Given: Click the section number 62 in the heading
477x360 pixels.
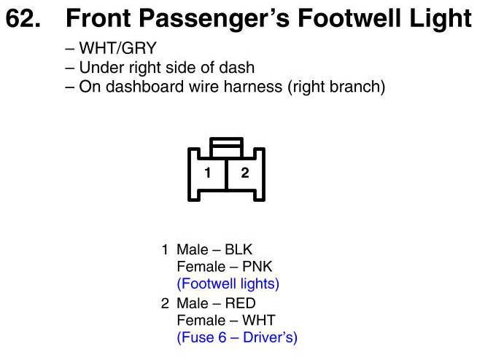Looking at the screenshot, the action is [23, 18].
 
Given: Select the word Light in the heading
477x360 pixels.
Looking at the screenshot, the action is [441, 20].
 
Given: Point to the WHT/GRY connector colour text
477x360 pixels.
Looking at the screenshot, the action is [117, 48].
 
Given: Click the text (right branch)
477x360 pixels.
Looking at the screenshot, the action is [336, 87].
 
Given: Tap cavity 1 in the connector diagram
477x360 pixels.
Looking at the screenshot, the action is [208, 173].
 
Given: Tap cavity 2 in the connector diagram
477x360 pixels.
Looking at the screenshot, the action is [245, 173].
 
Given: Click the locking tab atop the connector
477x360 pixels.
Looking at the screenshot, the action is [227, 148].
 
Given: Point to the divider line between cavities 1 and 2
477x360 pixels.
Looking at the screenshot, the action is [227, 174].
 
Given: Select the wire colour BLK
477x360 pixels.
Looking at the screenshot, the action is [238, 250].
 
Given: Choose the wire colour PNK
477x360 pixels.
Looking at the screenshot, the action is [257, 267].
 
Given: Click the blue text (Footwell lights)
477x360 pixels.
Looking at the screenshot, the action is [228, 284].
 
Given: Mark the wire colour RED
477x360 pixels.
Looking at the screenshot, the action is [241, 303].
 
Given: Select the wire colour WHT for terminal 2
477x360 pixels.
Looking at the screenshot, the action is [259, 320].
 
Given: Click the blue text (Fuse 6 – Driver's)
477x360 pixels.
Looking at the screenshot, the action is [237, 337].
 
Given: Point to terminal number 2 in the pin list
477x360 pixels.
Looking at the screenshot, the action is [165, 303].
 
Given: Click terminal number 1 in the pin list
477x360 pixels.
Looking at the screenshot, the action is [165, 250].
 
